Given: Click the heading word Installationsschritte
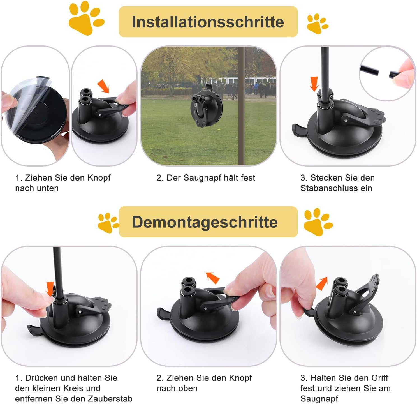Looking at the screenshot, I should click(x=208, y=22).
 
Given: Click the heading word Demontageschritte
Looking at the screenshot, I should click(x=205, y=222).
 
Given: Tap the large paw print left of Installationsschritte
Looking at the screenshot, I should click(x=86, y=19).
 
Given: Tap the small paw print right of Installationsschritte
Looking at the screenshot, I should click(x=317, y=24).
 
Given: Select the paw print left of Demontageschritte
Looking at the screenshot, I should click(x=107, y=223).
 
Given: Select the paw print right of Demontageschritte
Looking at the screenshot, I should click(x=318, y=222).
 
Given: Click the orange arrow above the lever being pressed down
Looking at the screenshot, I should click(x=103, y=86).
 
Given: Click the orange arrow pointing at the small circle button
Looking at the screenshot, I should click(x=50, y=289).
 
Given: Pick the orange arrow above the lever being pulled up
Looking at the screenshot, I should click(x=213, y=278).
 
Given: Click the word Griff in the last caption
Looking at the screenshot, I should click(x=379, y=378).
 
